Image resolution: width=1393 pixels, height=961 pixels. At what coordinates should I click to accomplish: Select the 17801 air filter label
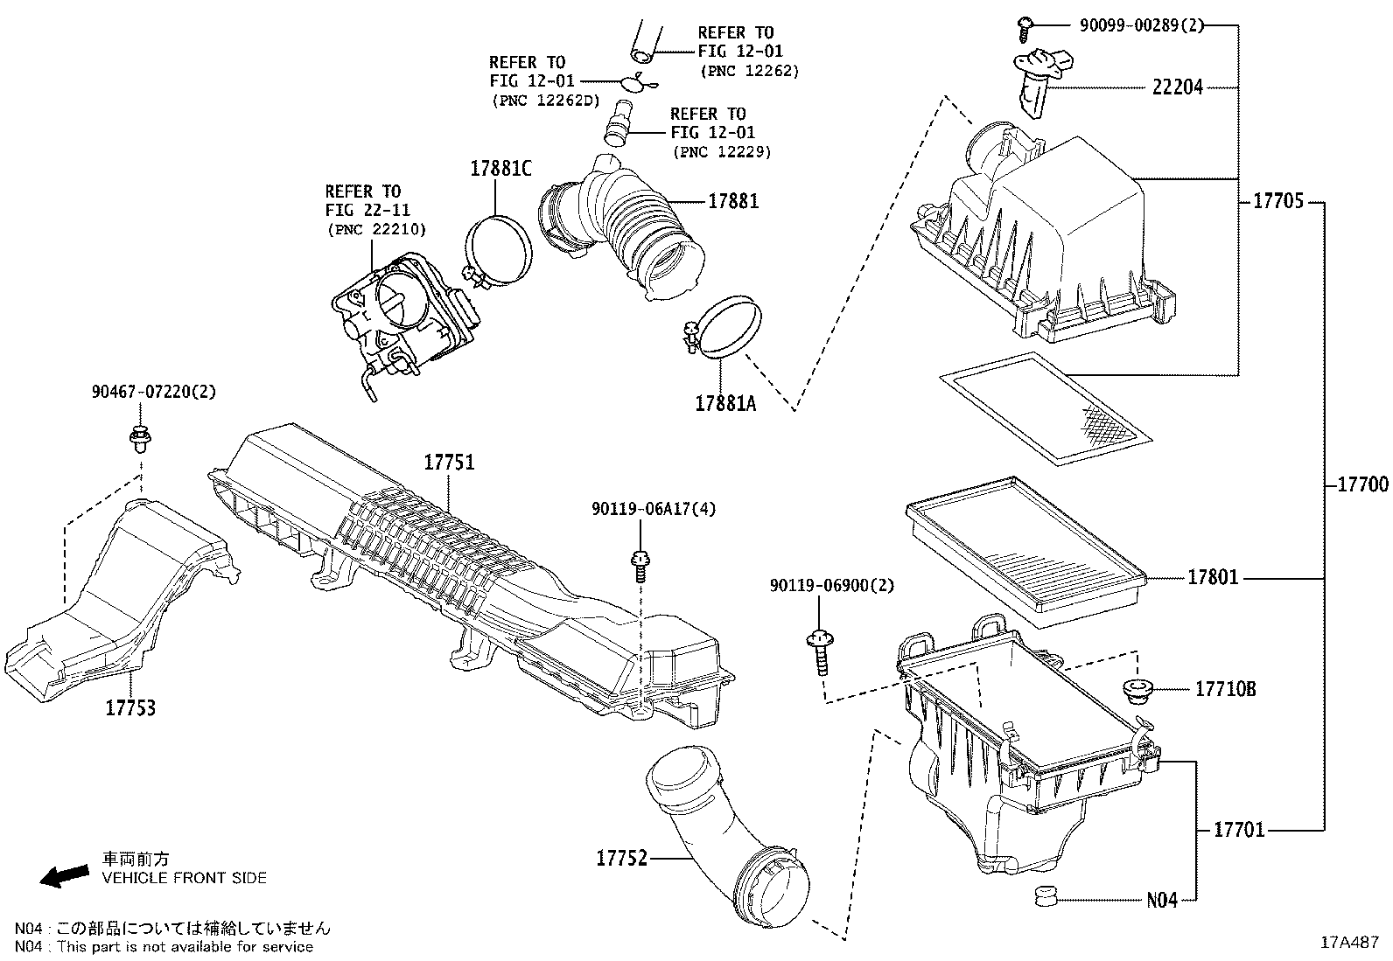pos(1213,578)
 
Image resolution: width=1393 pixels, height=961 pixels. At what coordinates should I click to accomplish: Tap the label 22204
pos(1177,87)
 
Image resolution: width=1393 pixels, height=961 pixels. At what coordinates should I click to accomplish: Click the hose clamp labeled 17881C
pos(499,249)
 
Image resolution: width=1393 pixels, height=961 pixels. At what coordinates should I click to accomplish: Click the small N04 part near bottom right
pos(1044,896)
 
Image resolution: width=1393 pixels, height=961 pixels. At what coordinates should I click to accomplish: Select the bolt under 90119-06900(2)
pos(819,651)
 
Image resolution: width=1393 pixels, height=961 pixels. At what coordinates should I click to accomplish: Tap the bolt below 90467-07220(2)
pos(138,436)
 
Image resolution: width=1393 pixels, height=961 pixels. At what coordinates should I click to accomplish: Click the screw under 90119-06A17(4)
pos(640,564)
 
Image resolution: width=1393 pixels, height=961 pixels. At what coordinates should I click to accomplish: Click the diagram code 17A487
pos(1350,943)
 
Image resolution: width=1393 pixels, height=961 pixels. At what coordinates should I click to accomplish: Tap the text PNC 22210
pos(376,230)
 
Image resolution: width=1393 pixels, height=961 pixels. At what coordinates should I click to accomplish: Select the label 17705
pos(1278,202)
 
